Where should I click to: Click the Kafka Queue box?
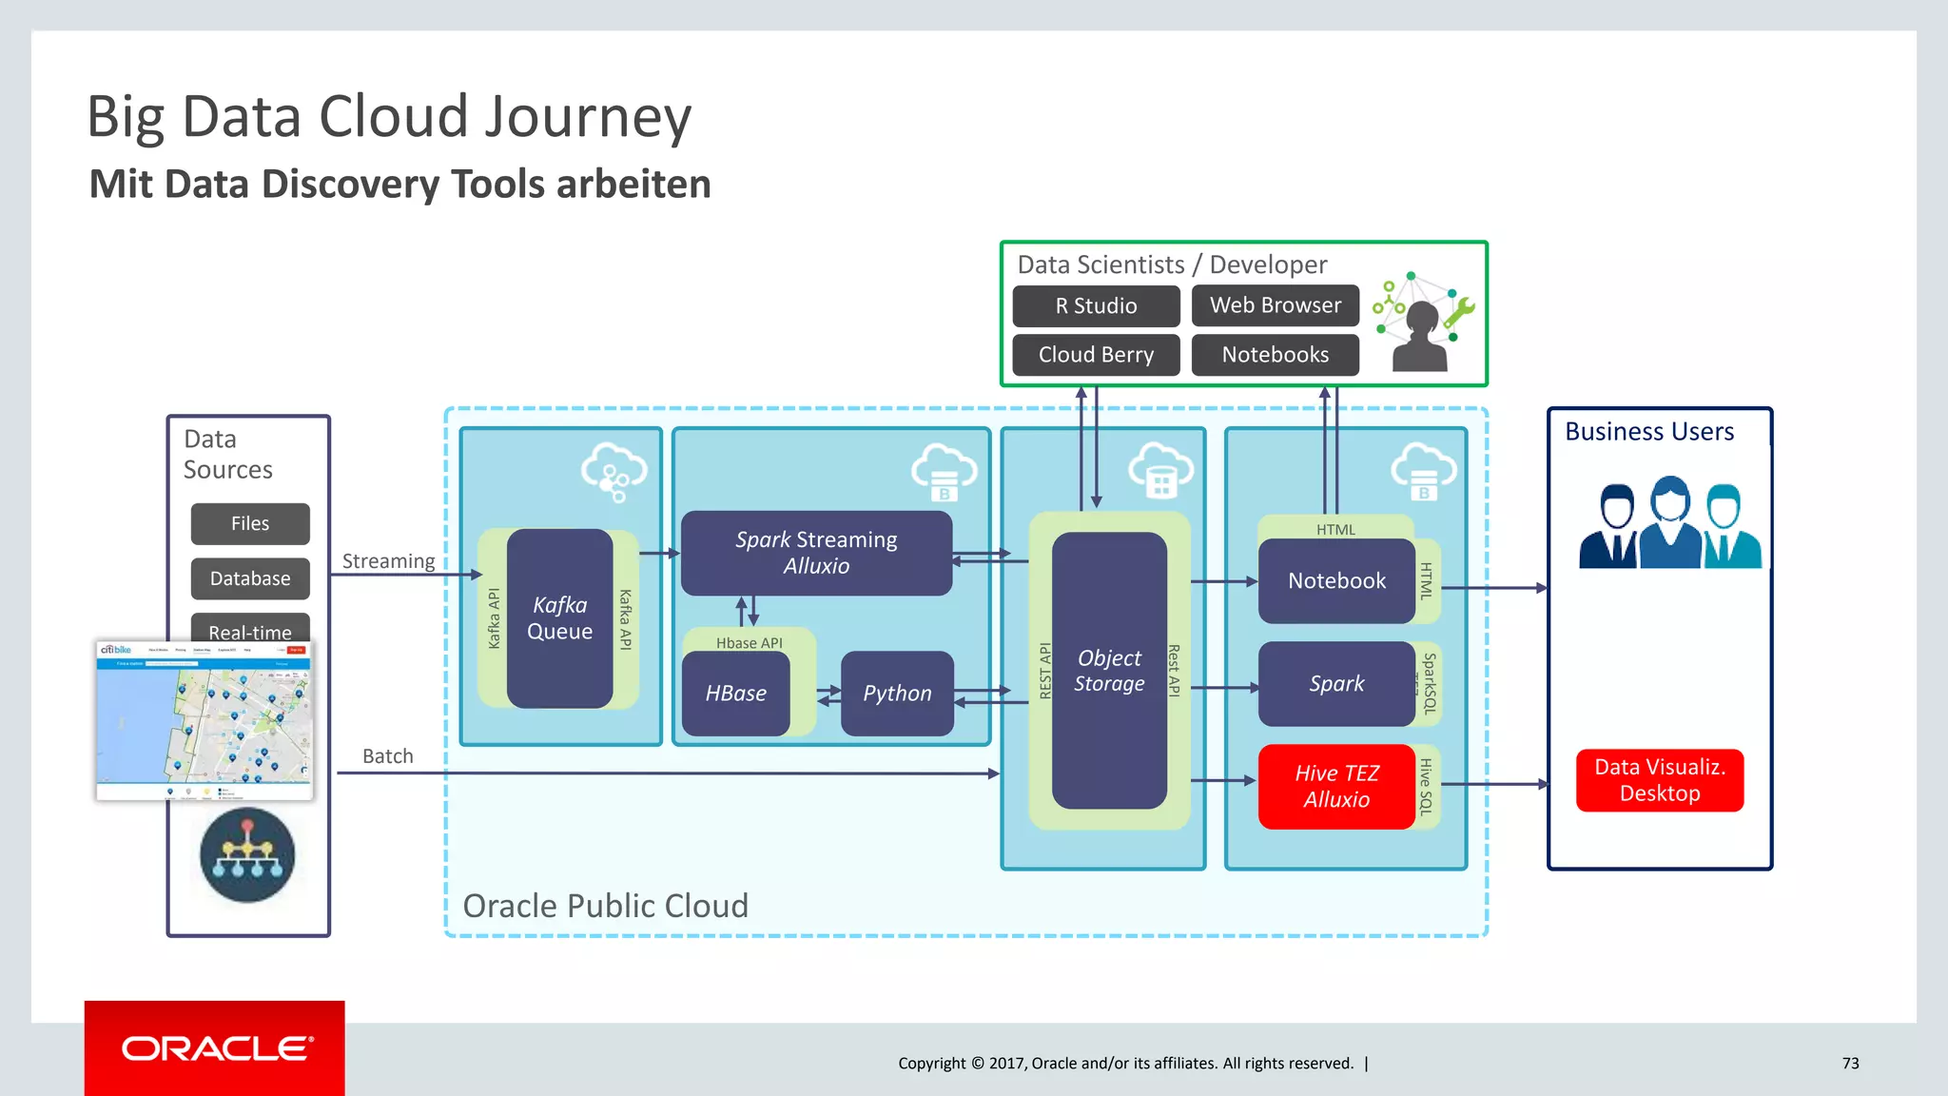pyautogui.click(x=559, y=618)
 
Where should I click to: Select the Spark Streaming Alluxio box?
pyautogui.click(x=816, y=553)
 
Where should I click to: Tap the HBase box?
pyautogui.click(x=735, y=694)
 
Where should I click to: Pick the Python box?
pyautogui.click(x=897, y=694)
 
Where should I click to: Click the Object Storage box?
pyautogui.click(x=1109, y=670)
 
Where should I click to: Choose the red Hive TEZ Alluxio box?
pyautogui.click(x=1336, y=786)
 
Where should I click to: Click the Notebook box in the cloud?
pyautogui.click(x=1336, y=580)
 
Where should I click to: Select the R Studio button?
pyautogui.click(x=1096, y=305)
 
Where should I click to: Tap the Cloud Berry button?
pyautogui.click(x=1096, y=355)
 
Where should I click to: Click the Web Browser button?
pyautogui.click(x=1275, y=305)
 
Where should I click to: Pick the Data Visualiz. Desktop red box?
pyautogui.click(x=1659, y=780)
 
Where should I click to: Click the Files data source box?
pyautogui.click(x=250, y=523)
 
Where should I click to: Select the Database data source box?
pyautogui.click(x=250, y=578)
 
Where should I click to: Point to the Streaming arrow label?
pyautogui.click(x=388, y=561)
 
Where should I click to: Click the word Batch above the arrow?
pyautogui.click(x=388, y=756)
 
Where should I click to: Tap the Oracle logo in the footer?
pyautogui.click(x=215, y=1048)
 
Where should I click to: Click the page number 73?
pyautogui.click(x=1850, y=1063)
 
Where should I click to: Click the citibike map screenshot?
pyautogui.click(x=205, y=720)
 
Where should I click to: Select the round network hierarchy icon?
pyautogui.click(x=247, y=854)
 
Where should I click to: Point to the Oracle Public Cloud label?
pyautogui.click(x=605, y=906)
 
